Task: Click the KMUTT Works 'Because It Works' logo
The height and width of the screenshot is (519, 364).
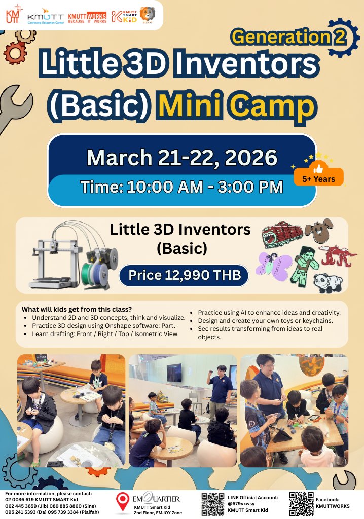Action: [87, 17]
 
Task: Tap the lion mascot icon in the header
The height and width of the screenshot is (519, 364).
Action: [148, 15]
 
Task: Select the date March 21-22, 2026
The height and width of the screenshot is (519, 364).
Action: [182, 158]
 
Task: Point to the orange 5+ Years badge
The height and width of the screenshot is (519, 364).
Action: [318, 174]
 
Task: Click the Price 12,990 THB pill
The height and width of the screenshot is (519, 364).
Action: [184, 275]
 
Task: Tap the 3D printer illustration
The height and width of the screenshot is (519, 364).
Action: [72, 255]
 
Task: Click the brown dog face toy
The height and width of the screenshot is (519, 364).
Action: [318, 231]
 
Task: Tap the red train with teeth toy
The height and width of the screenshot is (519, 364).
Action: [281, 234]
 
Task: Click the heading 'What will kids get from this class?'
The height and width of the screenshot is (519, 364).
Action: [77, 310]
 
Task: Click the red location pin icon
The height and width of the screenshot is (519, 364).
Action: [122, 502]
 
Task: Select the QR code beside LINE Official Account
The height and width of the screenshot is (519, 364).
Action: [212, 504]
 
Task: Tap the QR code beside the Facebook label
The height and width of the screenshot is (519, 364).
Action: [301, 504]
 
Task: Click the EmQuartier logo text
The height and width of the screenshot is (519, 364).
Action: [156, 498]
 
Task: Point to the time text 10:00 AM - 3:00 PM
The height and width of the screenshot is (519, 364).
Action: [205, 187]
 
